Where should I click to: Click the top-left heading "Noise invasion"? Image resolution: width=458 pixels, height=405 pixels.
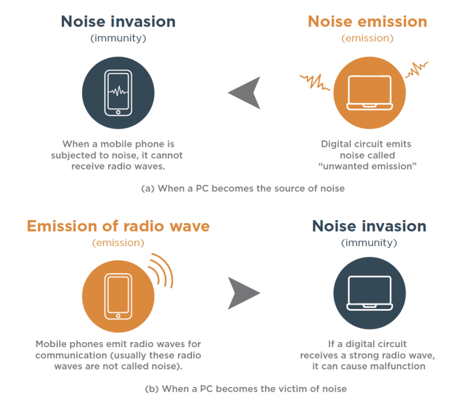[118, 21]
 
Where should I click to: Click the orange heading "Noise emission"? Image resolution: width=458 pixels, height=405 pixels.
[367, 21]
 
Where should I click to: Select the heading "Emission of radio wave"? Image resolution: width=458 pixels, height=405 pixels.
[118, 226]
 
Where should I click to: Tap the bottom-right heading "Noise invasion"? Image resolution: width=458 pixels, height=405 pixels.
[368, 226]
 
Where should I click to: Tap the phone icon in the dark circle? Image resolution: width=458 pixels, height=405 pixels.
[118, 93]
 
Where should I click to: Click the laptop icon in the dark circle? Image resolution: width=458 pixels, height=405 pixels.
[368, 294]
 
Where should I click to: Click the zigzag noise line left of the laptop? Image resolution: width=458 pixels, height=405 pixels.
[315, 81]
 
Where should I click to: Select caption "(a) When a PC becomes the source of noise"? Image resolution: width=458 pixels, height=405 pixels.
[242, 189]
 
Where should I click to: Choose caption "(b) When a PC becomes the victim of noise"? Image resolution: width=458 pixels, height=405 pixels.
[242, 388]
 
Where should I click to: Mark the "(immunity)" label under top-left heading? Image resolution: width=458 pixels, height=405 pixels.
[118, 38]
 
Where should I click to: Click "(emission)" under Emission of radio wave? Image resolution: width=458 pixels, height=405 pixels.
[118, 243]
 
